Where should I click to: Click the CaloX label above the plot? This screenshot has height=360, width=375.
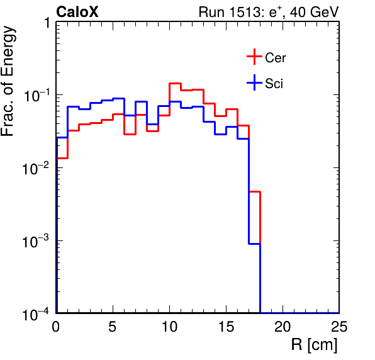pyautogui.click(x=77, y=12)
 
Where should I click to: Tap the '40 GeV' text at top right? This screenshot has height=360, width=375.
pyautogui.click(x=314, y=12)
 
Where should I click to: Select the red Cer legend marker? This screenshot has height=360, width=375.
pyautogui.click(x=254, y=57)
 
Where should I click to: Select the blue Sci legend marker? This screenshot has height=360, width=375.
pyautogui.click(x=254, y=82)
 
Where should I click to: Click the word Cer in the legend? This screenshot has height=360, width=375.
pyautogui.click(x=275, y=58)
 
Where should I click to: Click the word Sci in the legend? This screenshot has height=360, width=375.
pyautogui.click(x=274, y=84)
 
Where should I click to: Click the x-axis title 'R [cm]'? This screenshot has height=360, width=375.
pyautogui.click(x=314, y=345)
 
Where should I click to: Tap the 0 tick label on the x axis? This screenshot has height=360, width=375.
pyautogui.click(x=55, y=326)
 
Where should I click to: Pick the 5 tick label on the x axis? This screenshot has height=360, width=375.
pyautogui.click(x=113, y=326)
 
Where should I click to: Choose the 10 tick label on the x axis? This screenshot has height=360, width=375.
pyautogui.click(x=169, y=326)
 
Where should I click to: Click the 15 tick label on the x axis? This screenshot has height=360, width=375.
pyautogui.click(x=227, y=326)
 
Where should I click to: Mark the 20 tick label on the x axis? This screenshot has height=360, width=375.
pyautogui.click(x=283, y=326)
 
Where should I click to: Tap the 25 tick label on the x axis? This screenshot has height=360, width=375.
pyautogui.click(x=339, y=326)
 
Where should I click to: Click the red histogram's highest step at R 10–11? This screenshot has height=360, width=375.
pyautogui.click(x=175, y=83)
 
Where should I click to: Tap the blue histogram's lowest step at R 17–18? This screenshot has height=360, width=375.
pyautogui.click(x=254, y=244)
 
